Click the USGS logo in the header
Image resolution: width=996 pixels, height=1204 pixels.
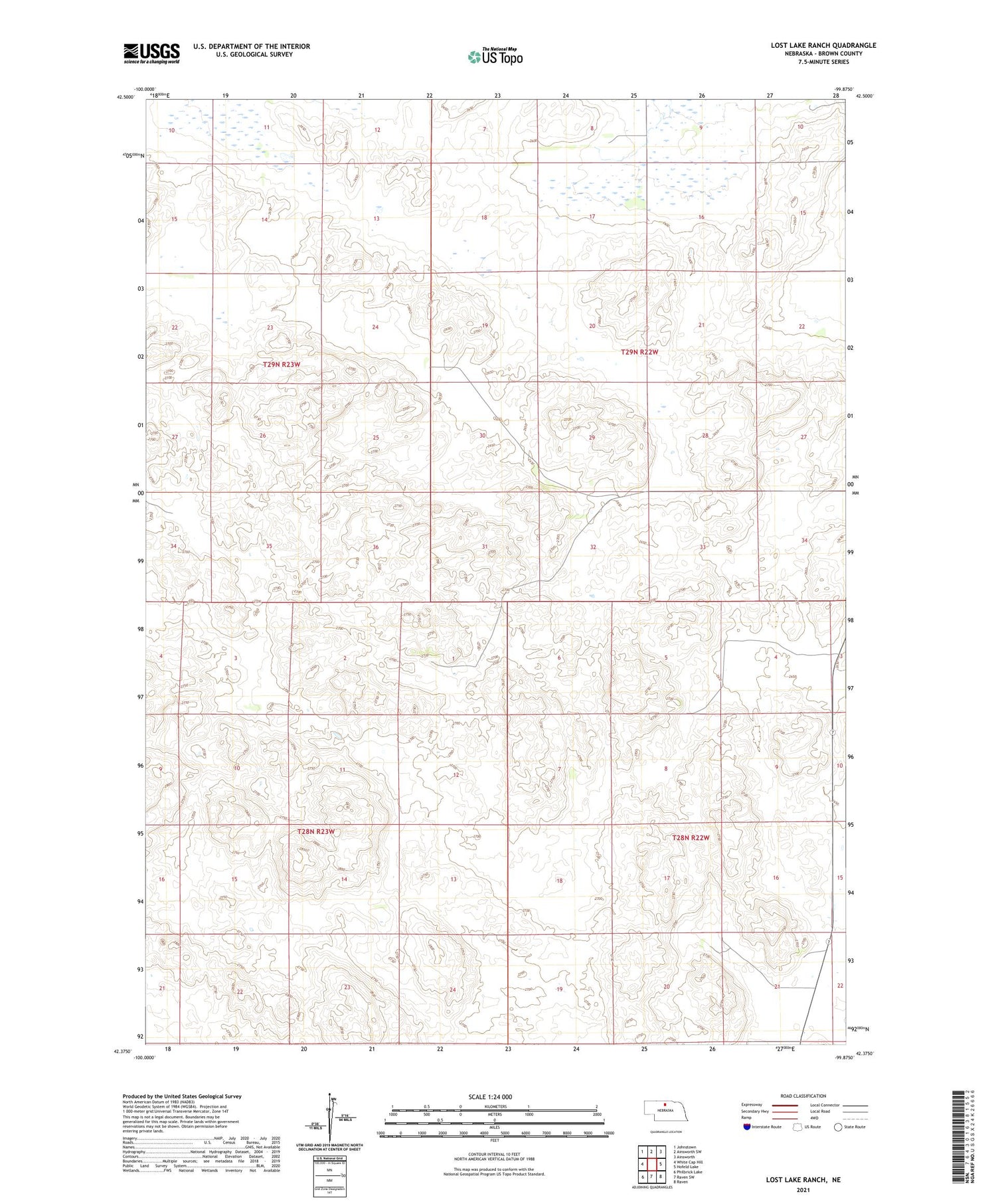(151, 53)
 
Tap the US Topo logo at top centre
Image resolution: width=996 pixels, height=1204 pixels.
(495, 56)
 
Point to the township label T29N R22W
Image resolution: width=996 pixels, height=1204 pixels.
(639, 352)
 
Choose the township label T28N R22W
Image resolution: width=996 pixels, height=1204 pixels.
(691, 838)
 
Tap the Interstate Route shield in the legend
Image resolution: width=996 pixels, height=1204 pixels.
(747, 1127)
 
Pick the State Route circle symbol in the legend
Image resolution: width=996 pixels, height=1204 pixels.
(838, 1127)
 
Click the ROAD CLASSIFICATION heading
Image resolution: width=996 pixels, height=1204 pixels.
(803, 1096)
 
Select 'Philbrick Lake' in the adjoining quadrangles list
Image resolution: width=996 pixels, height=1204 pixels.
(689, 1172)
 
